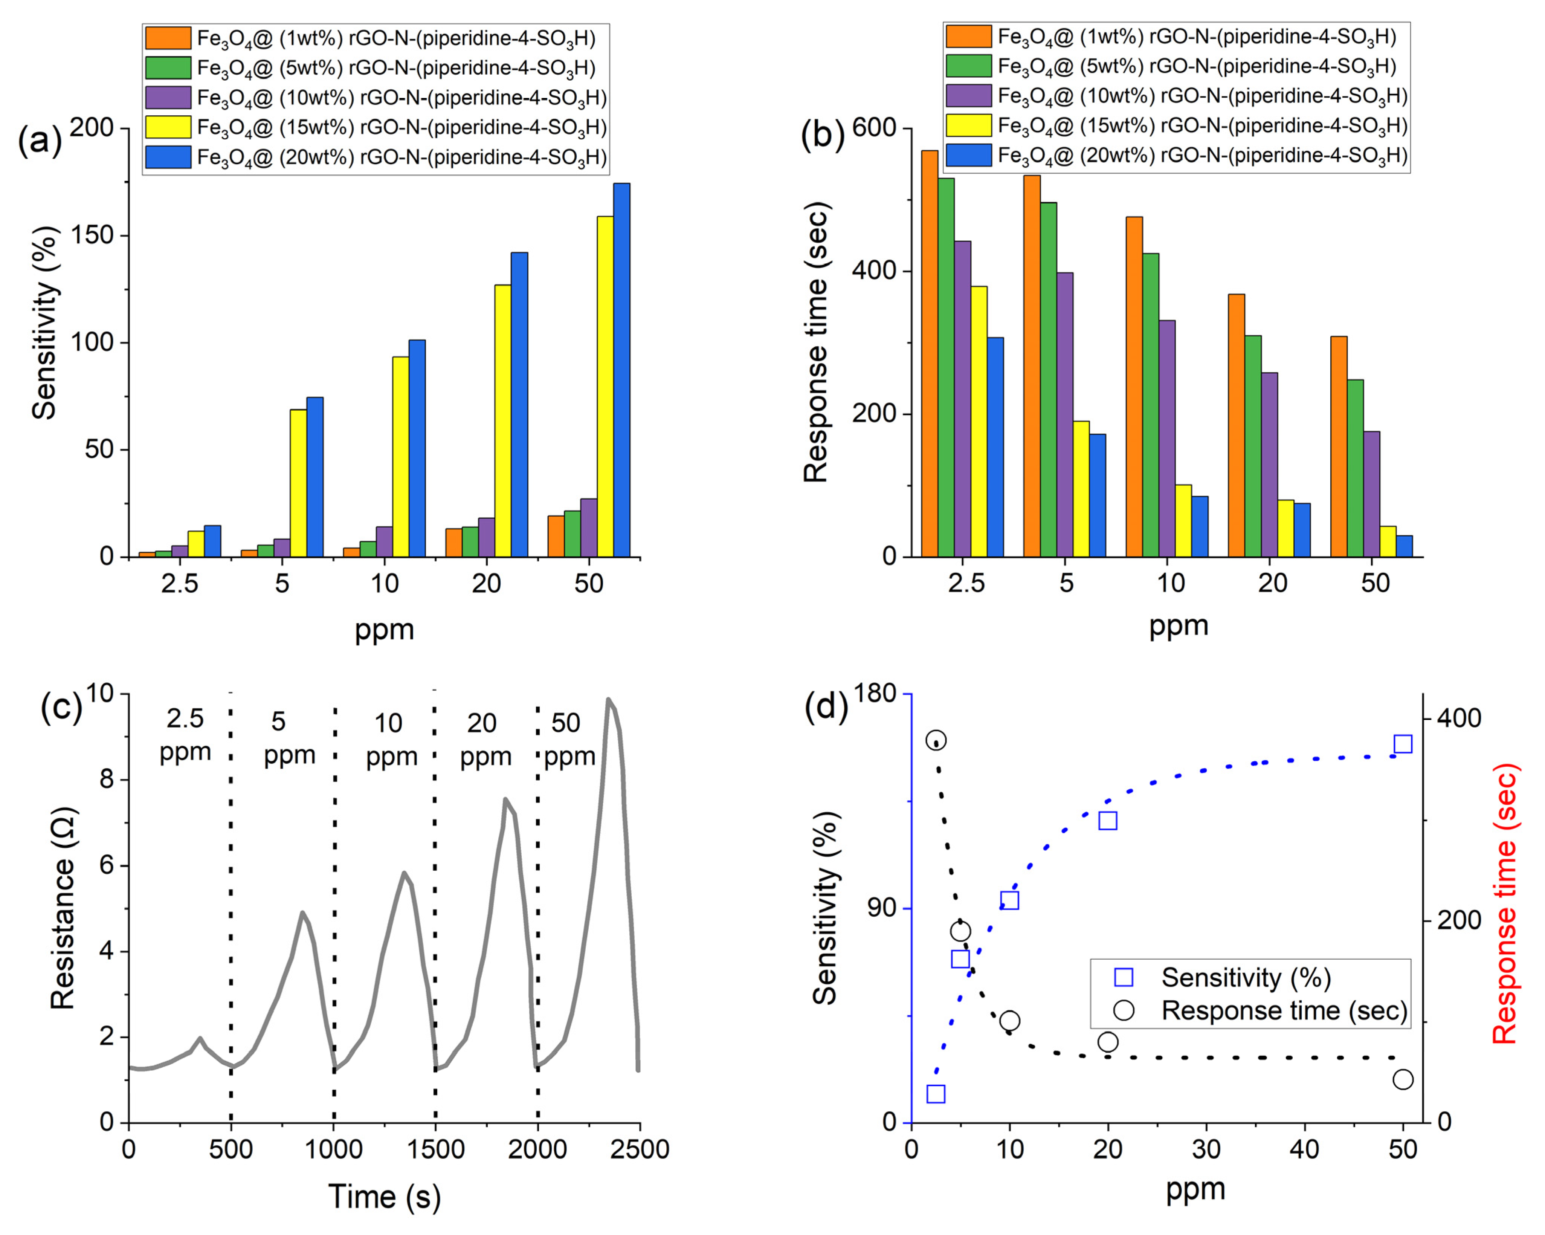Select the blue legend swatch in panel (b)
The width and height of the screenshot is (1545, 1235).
[x=968, y=156]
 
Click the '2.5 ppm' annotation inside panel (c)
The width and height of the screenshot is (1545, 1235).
[x=185, y=735]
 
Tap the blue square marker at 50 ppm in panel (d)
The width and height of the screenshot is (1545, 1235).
[x=1402, y=744]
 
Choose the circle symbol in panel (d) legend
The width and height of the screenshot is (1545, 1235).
[x=1124, y=1010]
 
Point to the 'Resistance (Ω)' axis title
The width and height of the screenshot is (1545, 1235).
[x=63, y=909]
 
